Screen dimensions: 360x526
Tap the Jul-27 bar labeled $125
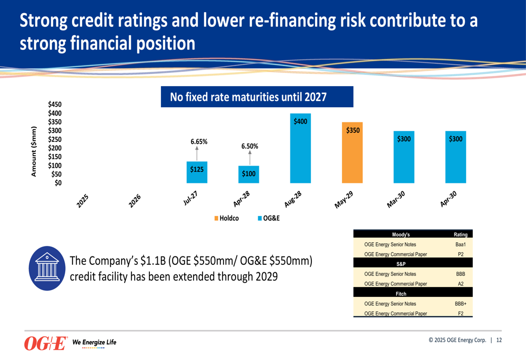click(197, 172)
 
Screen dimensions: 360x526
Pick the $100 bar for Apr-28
click(248, 174)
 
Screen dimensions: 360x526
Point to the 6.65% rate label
click(199, 141)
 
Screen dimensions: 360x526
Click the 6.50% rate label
click(249, 147)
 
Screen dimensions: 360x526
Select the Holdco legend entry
click(227, 218)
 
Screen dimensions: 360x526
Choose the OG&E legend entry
click(269, 218)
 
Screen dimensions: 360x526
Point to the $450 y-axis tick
click(55, 104)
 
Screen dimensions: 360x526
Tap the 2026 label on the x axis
click(135, 200)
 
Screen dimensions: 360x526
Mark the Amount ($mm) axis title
click(34, 151)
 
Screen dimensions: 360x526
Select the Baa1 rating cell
click(460, 244)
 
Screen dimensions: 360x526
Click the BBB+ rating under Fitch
click(460, 304)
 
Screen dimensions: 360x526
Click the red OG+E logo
click(45, 344)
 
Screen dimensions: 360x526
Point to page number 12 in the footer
click(499, 340)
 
